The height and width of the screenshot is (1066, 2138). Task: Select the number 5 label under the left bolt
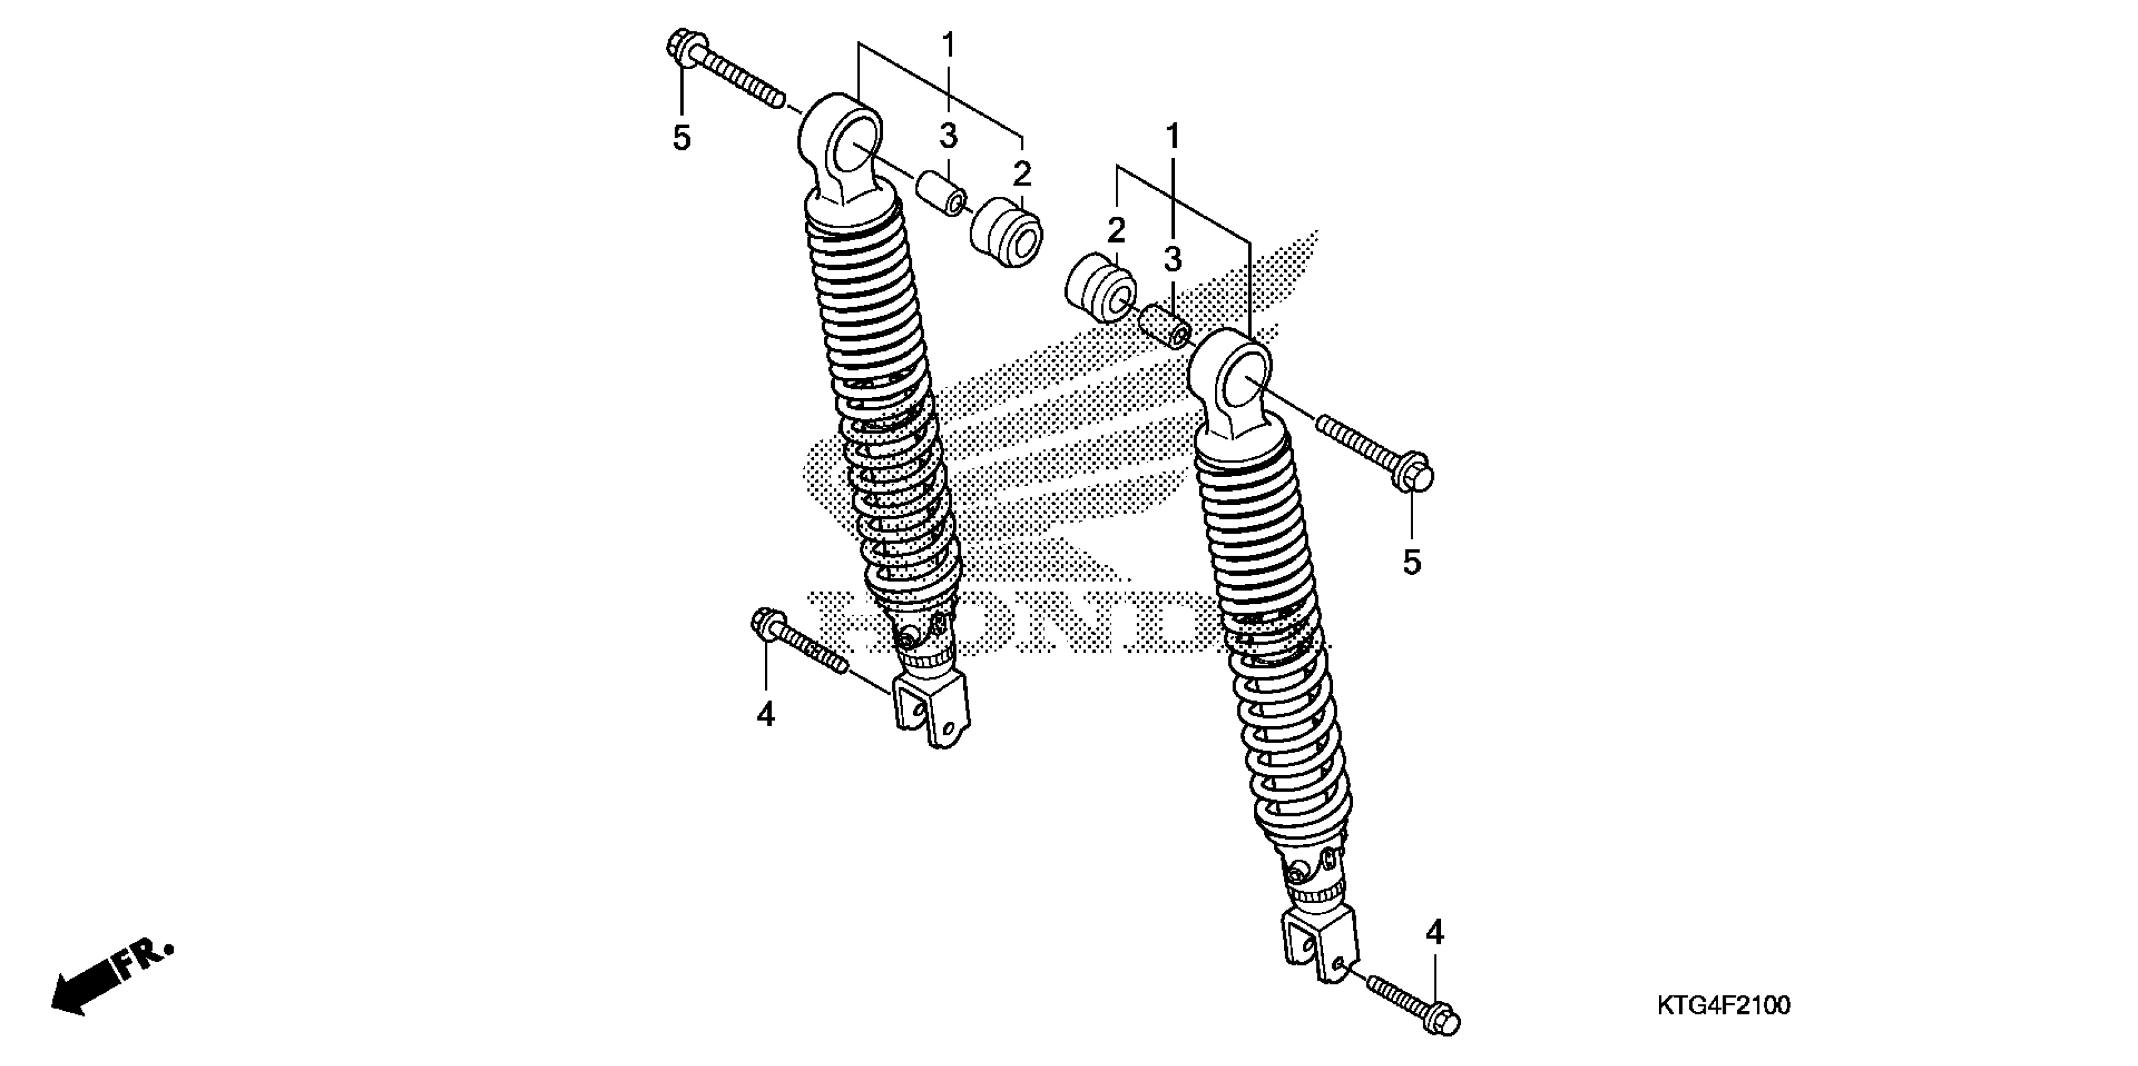tap(681, 139)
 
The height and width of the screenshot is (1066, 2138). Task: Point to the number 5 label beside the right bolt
tap(1412, 562)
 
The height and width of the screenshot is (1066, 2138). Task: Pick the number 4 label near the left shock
tap(765, 714)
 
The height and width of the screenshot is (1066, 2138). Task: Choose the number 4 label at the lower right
tap(1435, 933)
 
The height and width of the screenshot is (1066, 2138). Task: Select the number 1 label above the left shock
tap(948, 44)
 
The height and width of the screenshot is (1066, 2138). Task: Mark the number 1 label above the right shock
tap(1173, 137)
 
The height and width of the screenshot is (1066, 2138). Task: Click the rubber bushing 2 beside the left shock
tap(1006, 232)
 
